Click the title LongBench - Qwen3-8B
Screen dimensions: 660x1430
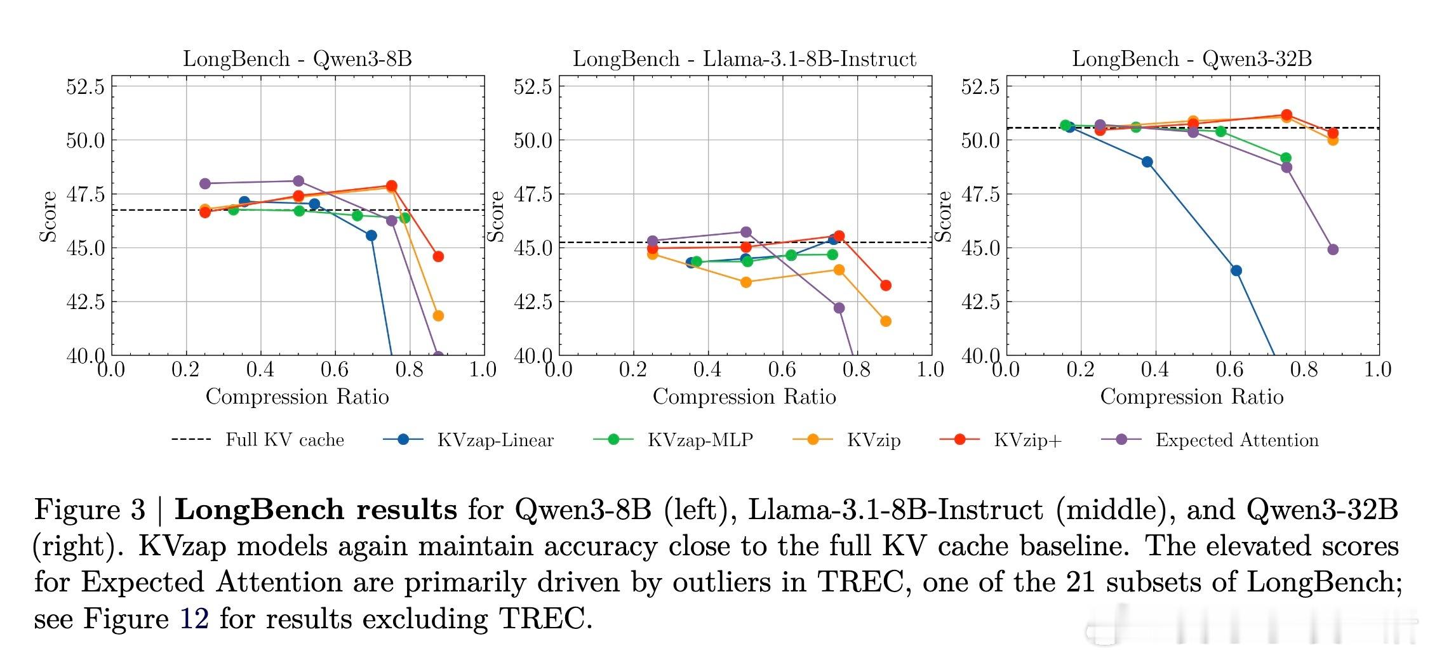tap(297, 59)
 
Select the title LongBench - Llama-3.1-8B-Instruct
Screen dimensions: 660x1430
tap(744, 59)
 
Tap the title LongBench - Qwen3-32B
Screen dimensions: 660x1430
tap(1192, 59)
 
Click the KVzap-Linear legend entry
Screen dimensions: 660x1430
tap(469, 440)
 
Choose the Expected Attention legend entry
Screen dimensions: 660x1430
tap(1211, 440)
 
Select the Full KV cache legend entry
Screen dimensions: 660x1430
tap(258, 440)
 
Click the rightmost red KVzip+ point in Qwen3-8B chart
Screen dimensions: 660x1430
tap(438, 256)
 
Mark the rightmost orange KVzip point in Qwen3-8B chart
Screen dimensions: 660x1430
tap(438, 315)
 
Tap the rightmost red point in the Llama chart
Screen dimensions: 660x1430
tap(885, 286)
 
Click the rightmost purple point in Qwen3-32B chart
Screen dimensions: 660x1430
tap(1332, 249)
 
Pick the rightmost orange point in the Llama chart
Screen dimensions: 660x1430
tap(885, 321)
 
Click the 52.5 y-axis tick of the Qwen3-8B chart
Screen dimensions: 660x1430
tap(85, 86)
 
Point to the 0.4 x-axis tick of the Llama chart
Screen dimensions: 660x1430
tap(707, 369)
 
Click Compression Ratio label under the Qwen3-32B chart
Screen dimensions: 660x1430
tap(1191, 397)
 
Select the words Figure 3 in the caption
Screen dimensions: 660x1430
tap(90, 510)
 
